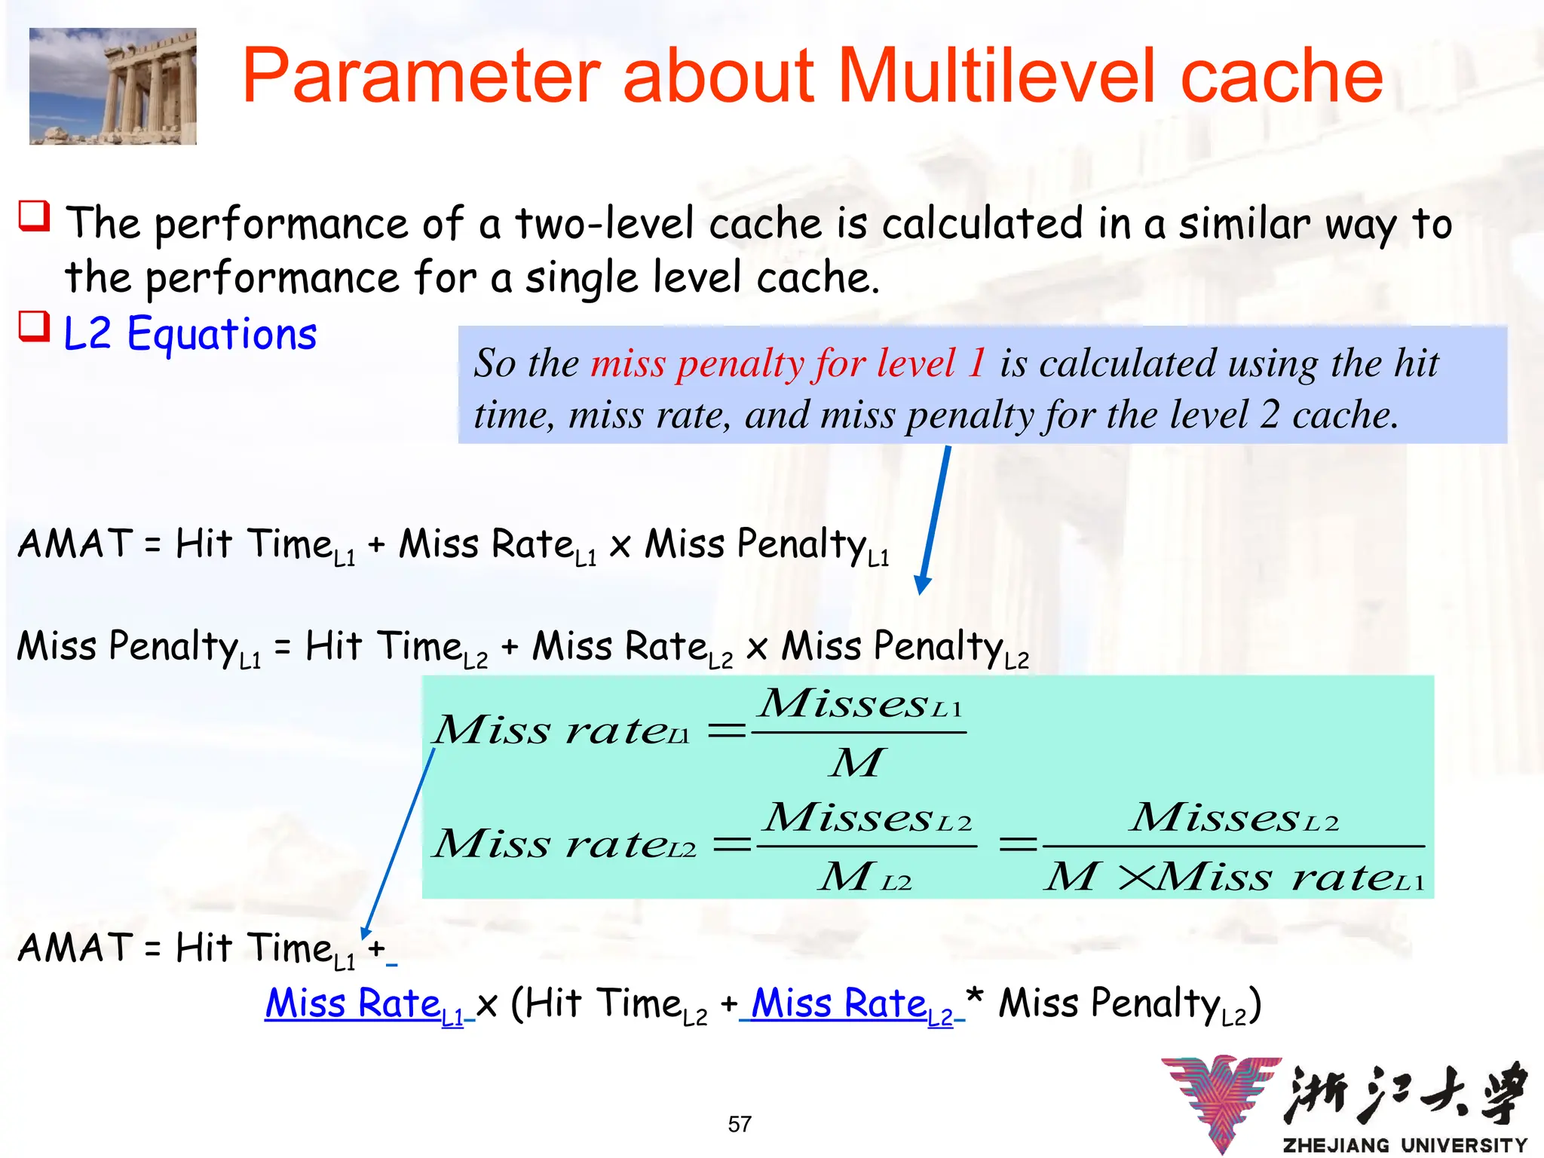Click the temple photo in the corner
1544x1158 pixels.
pos(113,86)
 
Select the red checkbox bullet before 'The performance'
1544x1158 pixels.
pos(34,216)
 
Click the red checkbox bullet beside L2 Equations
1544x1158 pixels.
pos(34,326)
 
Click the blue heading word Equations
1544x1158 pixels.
pos(222,334)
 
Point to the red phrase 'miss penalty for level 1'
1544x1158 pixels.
pos(788,363)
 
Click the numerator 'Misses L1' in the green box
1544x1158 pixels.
pos(859,705)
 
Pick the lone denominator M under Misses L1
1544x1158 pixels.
pos(856,762)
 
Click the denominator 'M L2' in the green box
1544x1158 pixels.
pos(865,877)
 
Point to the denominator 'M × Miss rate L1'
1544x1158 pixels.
pos(1233,877)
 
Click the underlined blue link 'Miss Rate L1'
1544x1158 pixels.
pos(365,1005)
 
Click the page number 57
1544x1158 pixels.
pos(740,1124)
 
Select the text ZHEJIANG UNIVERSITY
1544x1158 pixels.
pos(1405,1145)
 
